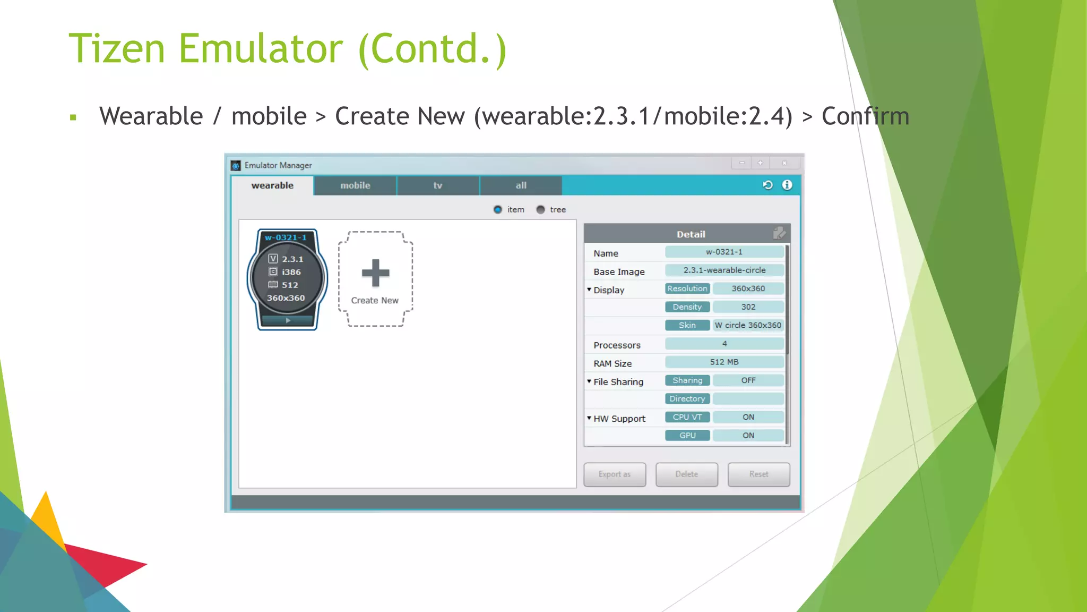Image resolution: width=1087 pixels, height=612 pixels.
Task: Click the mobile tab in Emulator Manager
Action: [355, 185]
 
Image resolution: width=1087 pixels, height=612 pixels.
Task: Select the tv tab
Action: [438, 185]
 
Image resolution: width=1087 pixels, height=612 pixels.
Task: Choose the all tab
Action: [521, 185]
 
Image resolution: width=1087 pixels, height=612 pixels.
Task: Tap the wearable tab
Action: [272, 185]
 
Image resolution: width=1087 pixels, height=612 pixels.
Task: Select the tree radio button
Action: [540, 210]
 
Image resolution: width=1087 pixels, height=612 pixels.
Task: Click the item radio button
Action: [498, 210]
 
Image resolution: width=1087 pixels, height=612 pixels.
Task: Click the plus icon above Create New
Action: [375, 273]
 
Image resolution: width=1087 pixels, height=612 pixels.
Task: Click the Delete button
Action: [686, 474]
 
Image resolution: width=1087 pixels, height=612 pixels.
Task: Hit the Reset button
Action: [758, 474]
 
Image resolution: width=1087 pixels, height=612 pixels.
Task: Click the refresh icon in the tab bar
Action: [767, 185]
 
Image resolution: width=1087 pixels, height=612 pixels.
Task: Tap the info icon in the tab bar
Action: [787, 185]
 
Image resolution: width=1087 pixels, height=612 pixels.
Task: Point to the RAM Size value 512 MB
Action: [724, 362]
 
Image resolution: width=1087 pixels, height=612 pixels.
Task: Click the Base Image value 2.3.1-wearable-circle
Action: [724, 270]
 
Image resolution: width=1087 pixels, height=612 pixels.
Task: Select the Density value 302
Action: [748, 307]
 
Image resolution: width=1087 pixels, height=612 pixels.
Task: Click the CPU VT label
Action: [687, 418]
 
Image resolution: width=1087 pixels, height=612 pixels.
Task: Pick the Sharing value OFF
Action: [748, 380]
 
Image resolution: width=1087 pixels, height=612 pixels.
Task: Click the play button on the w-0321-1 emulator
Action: [288, 320]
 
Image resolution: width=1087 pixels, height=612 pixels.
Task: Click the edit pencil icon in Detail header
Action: [779, 233]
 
